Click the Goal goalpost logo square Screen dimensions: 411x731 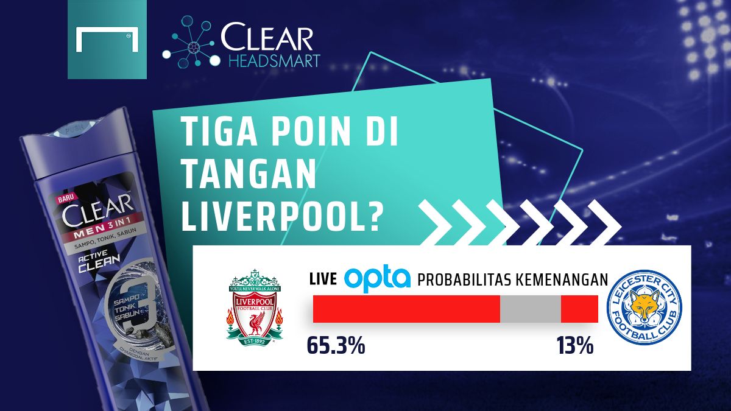tap(107, 40)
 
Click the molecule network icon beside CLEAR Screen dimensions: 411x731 tap(189, 42)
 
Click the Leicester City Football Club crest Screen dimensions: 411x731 tap(645, 308)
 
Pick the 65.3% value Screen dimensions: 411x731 tap(336, 346)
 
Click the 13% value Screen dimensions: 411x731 tap(574, 346)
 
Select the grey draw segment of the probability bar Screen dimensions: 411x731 tap(530, 309)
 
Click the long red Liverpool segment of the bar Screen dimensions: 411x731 tap(406, 309)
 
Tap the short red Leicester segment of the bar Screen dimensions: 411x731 tap(579, 309)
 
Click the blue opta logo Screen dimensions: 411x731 tap(378, 279)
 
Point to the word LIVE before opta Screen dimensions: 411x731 tap(323, 280)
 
